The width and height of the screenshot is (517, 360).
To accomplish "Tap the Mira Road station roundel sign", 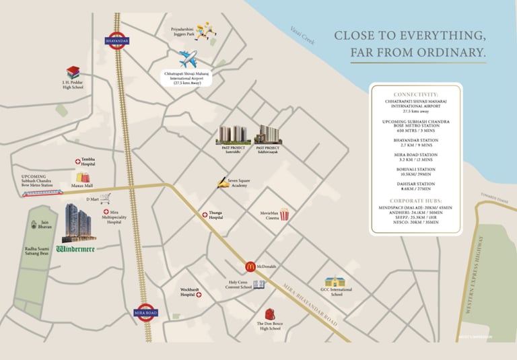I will [145, 312].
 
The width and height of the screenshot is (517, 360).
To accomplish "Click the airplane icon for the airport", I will [188, 59].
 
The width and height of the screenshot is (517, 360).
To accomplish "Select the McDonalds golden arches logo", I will [249, 267].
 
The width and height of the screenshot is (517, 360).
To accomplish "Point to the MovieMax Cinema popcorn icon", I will [284, 215].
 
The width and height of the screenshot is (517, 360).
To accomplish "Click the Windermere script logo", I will [75, 248].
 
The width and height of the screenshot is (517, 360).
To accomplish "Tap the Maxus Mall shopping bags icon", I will [83, 177].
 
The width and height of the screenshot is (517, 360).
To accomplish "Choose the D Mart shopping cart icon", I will [105, 199].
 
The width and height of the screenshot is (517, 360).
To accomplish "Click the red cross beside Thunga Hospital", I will [205, 215].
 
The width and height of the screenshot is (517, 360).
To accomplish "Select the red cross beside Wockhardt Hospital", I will [199, 295].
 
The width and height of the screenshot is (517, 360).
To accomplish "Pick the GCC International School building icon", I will [335, 282].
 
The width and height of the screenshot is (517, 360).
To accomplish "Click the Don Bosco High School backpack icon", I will [269, 314].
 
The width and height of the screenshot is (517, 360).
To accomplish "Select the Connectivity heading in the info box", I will [415, 95].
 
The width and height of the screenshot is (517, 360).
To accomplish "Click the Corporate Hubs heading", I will [415, 201].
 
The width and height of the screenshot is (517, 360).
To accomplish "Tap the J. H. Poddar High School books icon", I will [73, 72].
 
